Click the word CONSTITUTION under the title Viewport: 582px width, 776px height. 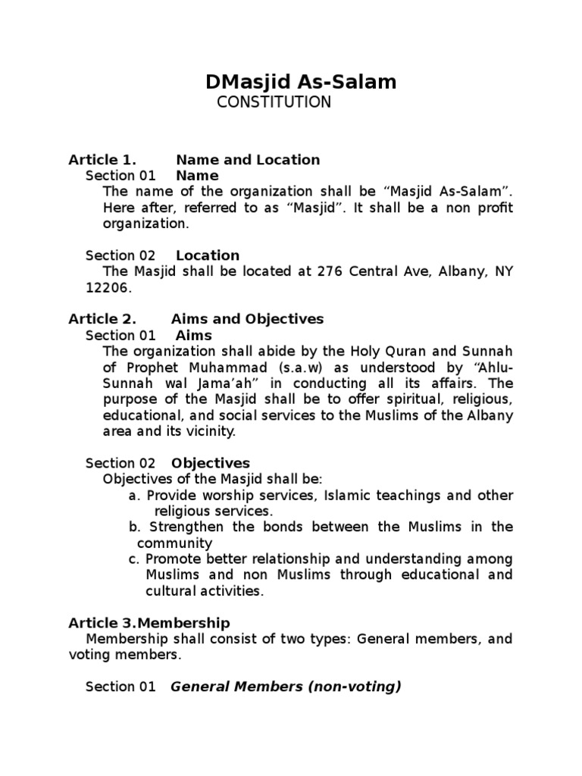(274, 102)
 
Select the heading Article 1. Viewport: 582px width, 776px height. (102, 160)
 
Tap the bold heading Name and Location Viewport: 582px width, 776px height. (248, 160)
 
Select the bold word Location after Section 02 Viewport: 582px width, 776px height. (208, 255)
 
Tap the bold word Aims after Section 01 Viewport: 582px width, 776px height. (194, 335)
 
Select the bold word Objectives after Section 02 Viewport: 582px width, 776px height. (211, 463)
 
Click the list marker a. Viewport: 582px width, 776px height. (134, 496)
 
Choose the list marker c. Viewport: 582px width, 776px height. (134, 559)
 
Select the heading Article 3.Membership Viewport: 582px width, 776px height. (149, 623)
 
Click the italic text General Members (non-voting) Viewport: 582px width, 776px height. (286, 687)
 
